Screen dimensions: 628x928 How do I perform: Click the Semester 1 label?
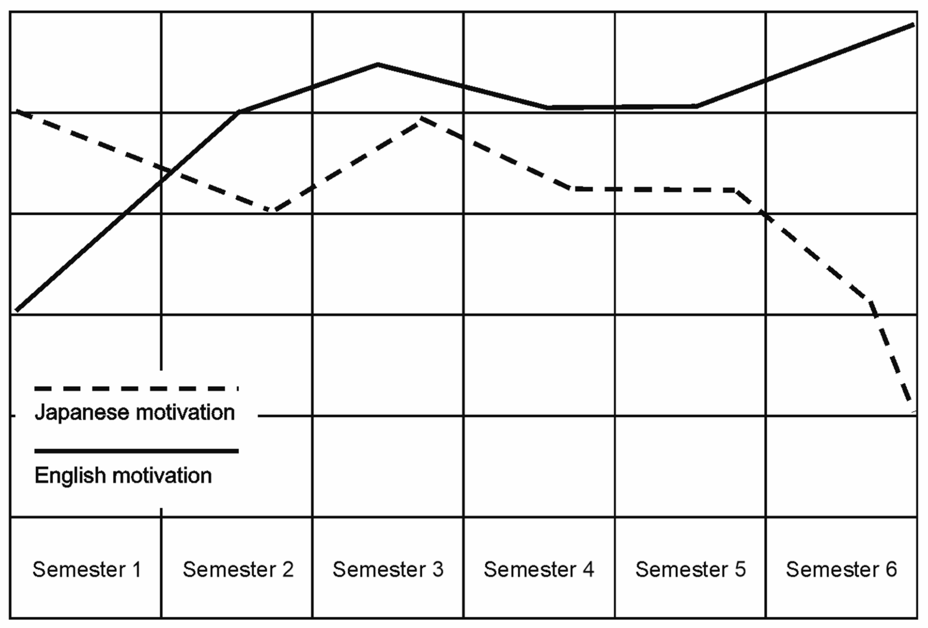[x=87, y=569]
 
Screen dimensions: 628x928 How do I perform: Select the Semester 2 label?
[x=238, y=569]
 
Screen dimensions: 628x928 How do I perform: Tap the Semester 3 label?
[x=388, y=569]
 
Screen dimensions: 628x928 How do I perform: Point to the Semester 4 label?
[x=539, y=569]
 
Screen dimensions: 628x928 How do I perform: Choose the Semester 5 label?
[x=690, y=569]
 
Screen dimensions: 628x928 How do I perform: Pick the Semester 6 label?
[x=841, y=569]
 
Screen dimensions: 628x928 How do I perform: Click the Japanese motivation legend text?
[x=134, y=412]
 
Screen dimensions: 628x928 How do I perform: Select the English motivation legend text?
[x=123, y=475]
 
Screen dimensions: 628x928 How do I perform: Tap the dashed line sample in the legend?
[x=136, y=388]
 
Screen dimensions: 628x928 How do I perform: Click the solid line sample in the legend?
[x=136, y=451]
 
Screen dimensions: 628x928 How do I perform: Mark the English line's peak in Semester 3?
[x=378, y=64]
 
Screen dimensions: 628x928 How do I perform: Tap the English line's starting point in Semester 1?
[x=16, y=310]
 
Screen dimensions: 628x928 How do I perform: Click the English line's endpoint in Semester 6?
[x=914, y=25]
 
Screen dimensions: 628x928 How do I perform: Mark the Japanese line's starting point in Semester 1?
[x=15, y=112]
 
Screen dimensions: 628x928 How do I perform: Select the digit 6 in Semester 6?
[x=891, y=569]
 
